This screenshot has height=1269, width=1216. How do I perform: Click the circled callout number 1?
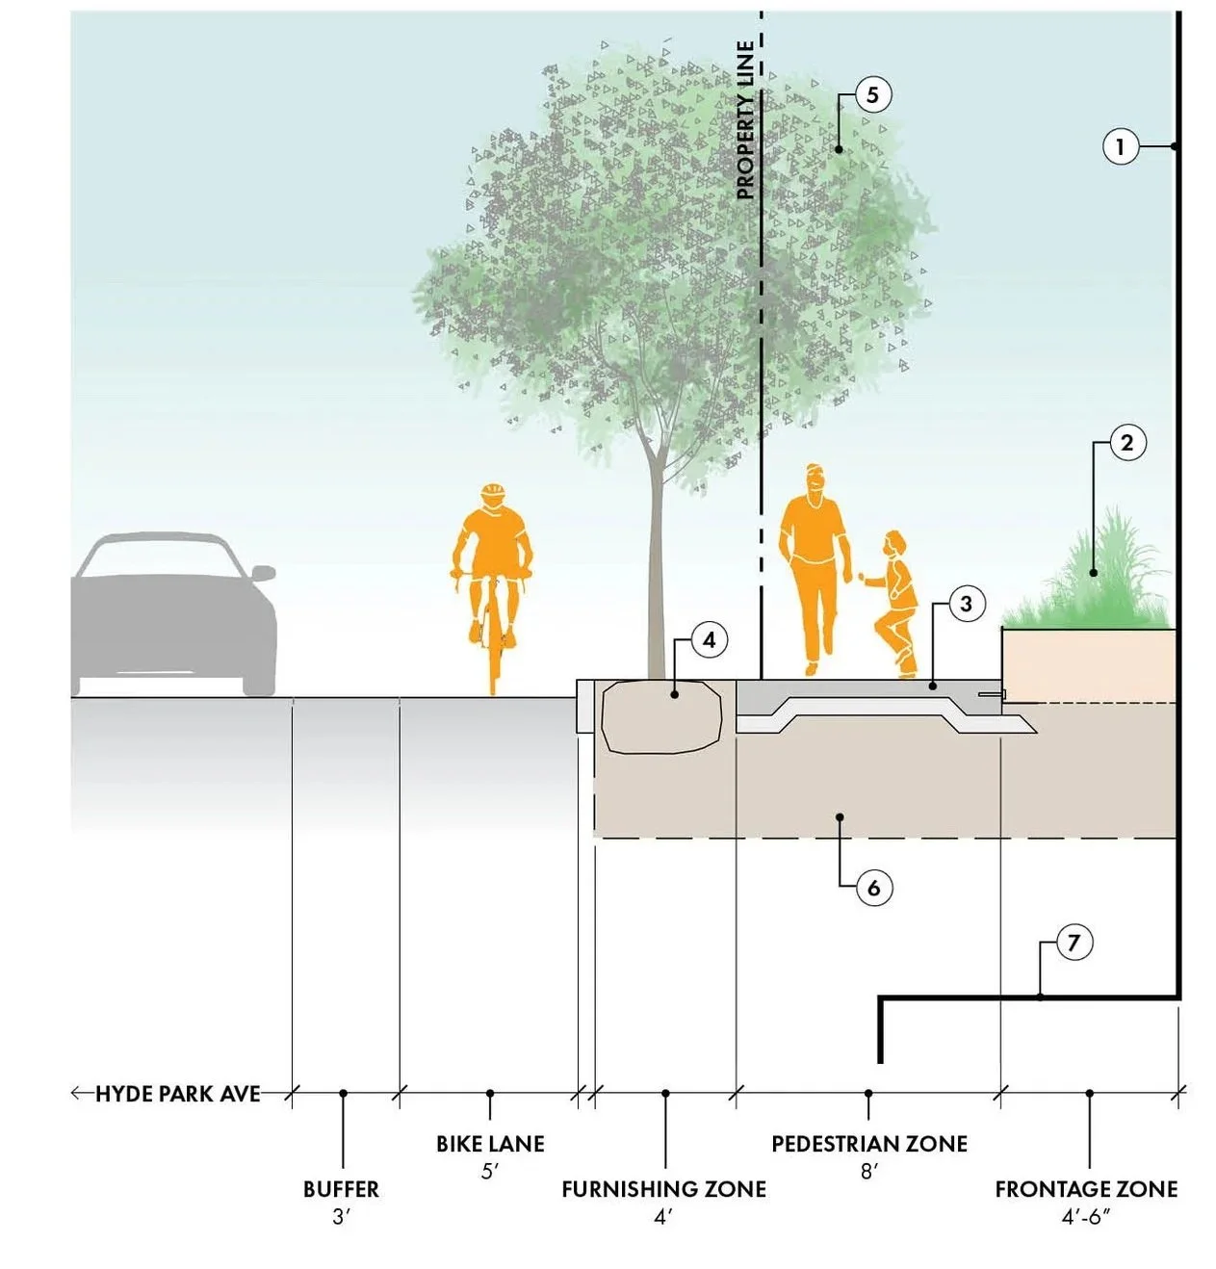pyautogui.click(x=1120, y=147)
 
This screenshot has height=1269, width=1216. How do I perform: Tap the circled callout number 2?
pyautogui.click(x=1126, y=443)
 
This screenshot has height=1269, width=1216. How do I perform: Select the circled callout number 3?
pyautogui.click(x=966, y=604)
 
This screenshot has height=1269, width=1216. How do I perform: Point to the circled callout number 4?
pyautogui.click(x=709, y=640)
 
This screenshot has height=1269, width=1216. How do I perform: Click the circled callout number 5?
pyautogui.click(x=872, y=95)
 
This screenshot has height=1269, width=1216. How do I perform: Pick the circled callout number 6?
pyautogui.click(x=873, y=887)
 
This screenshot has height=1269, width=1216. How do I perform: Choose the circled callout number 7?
pyautogui.click(x=1074, y=942)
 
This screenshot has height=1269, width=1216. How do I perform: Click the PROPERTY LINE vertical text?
pyautogui.click(x=745, y=120)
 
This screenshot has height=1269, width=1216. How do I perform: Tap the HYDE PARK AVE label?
pyautogui.click(x=178, y=1094)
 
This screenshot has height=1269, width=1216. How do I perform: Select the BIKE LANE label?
pyautogui.click(x=490, y=1144)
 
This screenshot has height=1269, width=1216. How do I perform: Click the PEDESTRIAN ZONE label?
pyautogui.click(x=868, y=1144)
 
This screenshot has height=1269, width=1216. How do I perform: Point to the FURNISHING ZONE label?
pyautogui.click(x=663, y=1189)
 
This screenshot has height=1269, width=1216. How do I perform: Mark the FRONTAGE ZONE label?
pyautogui.click(x=1086, y=1189)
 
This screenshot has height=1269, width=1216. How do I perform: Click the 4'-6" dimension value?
pyautogui.click(x=1086, y=1217)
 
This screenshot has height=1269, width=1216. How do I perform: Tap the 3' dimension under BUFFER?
pyautogui.click(x=341, y=1217)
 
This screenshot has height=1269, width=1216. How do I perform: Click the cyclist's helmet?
pyautogui.click(x=493, y=493)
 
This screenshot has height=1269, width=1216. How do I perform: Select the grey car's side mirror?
pyautogui.click(x=263, y=573)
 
